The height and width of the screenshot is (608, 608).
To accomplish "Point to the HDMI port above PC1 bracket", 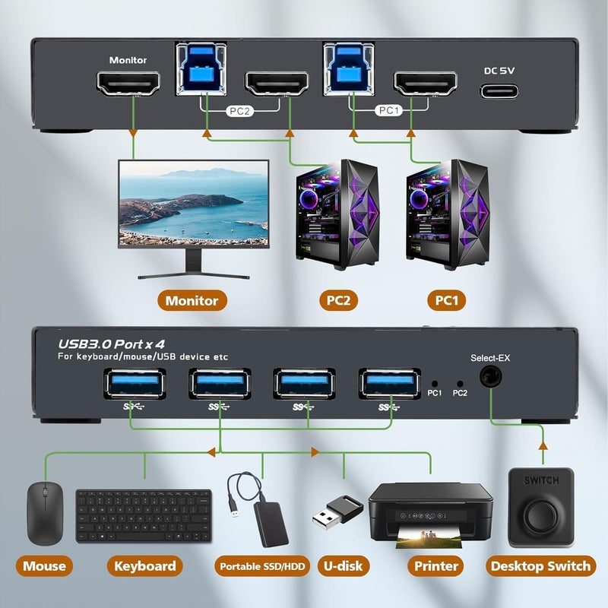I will click(423, 84).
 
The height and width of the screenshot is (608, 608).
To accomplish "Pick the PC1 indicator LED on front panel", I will click(434, 385).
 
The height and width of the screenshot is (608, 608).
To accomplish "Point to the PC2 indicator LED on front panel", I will click(459, 385).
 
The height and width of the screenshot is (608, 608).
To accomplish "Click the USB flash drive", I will click(335, 513).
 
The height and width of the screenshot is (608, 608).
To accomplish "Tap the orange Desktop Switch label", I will click(540, 565).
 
